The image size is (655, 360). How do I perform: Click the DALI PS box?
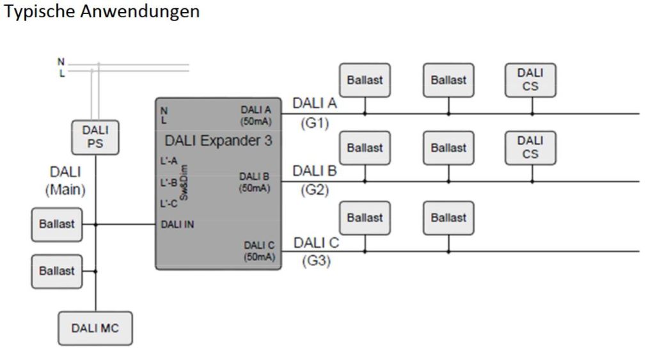(x=95, y=137)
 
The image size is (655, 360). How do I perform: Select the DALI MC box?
(x=95, y=328)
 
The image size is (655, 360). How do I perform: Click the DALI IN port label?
(x=178, y=224)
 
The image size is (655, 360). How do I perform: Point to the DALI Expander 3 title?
(x=218, y=141)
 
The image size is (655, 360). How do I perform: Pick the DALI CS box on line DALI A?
(x=530, y=80)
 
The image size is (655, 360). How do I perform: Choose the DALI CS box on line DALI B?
(x=530, y=147)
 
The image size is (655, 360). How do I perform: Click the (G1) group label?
(x=314, y=123)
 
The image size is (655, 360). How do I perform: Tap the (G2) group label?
(x=314, y=191)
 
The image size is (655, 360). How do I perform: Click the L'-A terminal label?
(x=168, y=161)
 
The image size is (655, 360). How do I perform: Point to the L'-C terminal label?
(x=168, y=203)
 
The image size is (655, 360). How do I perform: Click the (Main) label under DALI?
(x=65, y=190)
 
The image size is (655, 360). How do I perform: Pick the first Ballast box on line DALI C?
(x=365, y=217)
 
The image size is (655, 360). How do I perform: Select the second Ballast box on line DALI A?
(x=448, y=80)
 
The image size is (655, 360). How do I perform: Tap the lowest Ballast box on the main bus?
(x=57, y=270)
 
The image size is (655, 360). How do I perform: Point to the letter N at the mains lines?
(x=61, y=61)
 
